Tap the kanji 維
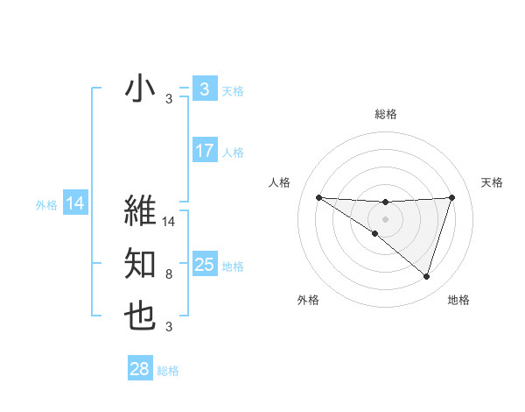(x=140, y=210)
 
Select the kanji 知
(x=140, y=264)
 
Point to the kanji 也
(x=140, y=316)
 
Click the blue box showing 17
(x=204, y=151)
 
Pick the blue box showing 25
(x=204, y=265)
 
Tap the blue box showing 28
(x=139, y=369)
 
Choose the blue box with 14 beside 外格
(x=74, y=204)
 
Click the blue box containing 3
(x=204, y=89)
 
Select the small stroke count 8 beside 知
(x=168, y=274)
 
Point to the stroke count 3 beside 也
(x=168, y=327)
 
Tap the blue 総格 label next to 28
(x=168, y=371)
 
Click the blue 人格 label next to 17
(x=233, y=153)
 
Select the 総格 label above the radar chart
(x=385, y=114)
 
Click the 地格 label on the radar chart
(x=458, y=300)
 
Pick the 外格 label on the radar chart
(x=308, y=300)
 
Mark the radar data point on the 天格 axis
(x=452, y=197)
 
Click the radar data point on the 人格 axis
(x=318, y=197)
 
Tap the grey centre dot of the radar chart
(x=385, y=218)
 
